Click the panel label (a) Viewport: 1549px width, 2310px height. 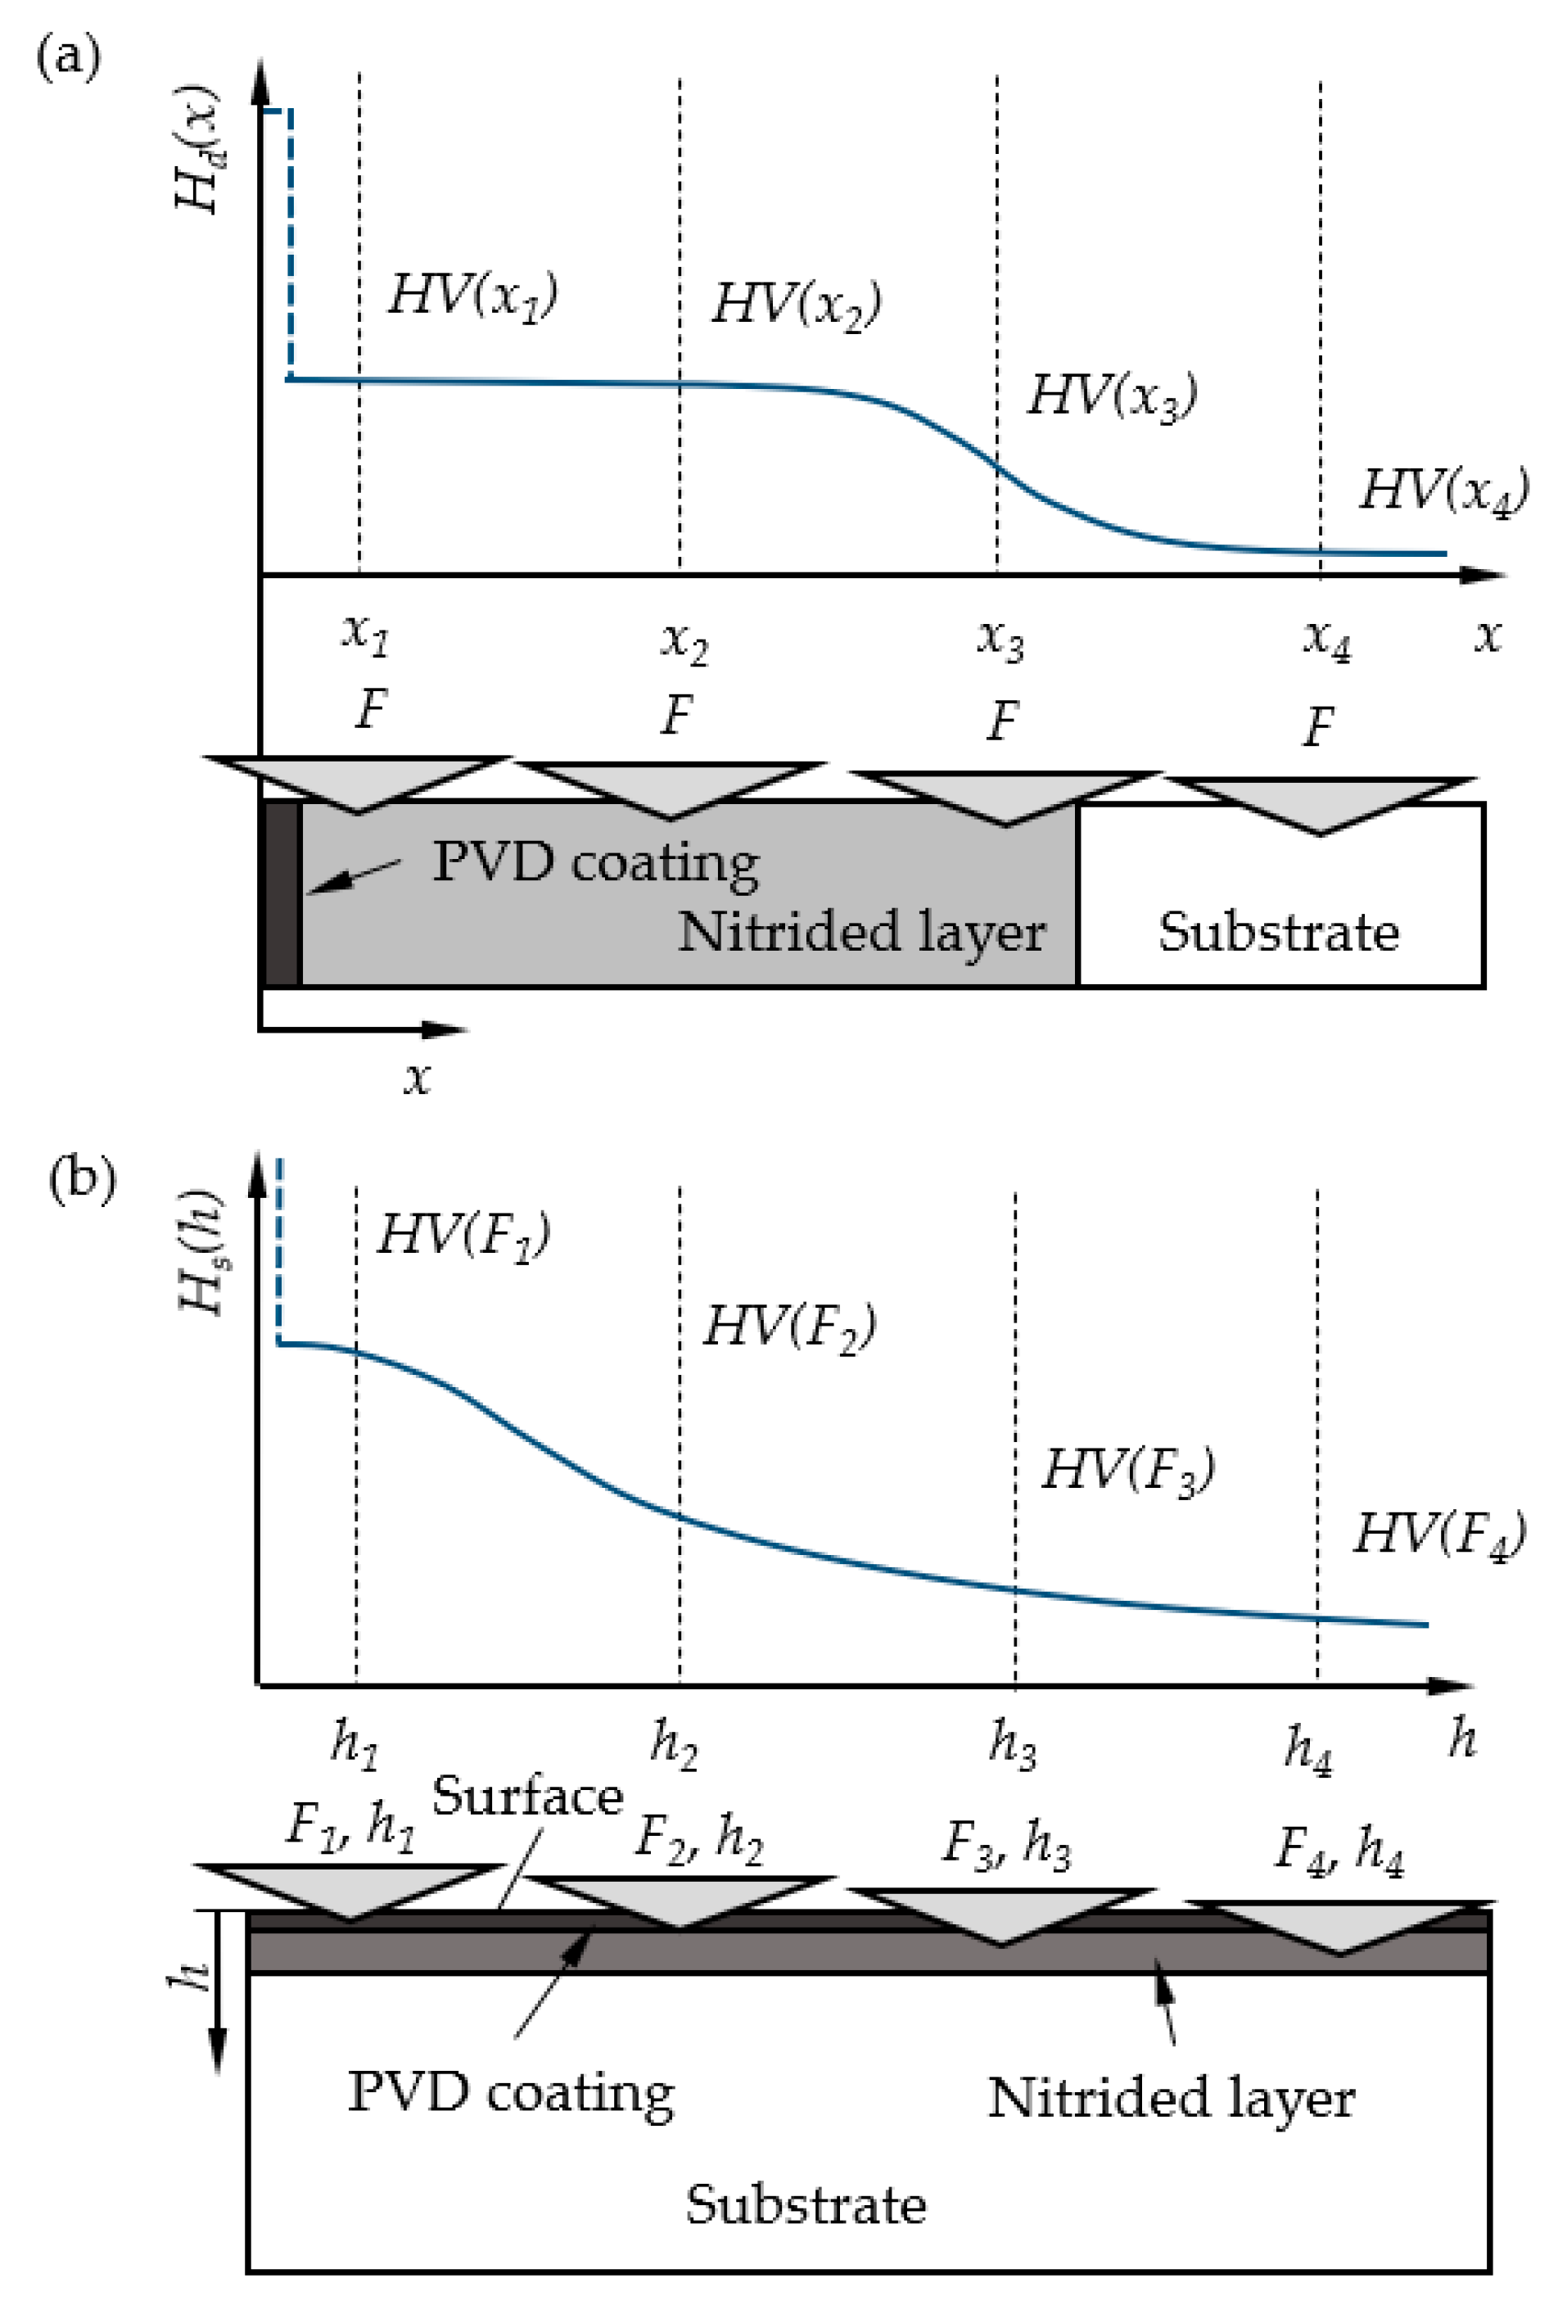click(67, 57)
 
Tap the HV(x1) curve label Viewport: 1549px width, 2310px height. click(472, 296)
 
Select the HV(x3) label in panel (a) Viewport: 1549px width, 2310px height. click(1113, 396)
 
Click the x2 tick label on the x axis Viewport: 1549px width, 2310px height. click(684, 642)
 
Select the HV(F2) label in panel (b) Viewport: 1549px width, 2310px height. click(788, 1327)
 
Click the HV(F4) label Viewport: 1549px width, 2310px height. click(1438, 1535)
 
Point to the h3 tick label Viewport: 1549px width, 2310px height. click(1013, 1743)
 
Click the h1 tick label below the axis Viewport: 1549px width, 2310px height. click(355, 1743)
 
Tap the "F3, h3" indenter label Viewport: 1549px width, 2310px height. click(1005, 1843)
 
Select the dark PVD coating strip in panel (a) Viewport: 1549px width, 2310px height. click(282, 893)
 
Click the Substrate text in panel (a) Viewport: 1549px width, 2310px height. click(1278, 932)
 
